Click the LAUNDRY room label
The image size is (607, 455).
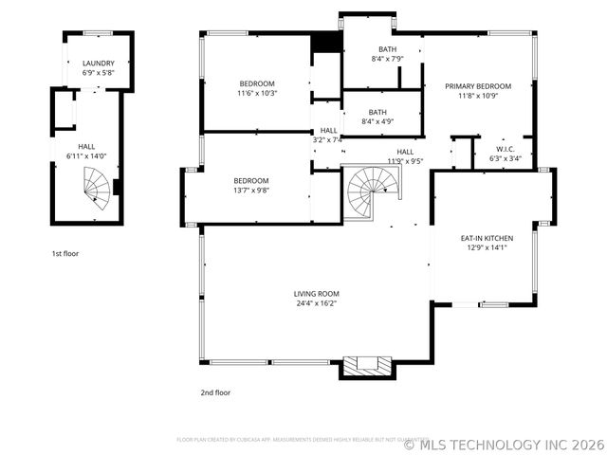pos(98,64)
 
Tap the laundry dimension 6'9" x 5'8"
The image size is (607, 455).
pos(98,72)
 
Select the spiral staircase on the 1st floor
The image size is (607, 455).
pos(95,185)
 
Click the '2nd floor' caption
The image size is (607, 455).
pos(214,391)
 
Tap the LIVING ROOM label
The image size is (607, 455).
pos(316,294)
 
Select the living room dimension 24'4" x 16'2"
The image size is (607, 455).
pos(316,303)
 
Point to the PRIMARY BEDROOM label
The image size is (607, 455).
pos(478,86)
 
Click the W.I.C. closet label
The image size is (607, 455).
pos(505,149)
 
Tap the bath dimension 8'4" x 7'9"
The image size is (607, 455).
pos(387,59)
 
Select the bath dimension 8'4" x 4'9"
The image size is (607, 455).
pos(377,121)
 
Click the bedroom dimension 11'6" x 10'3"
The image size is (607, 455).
pos(256,93)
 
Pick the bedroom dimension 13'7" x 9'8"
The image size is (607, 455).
pos(251,190)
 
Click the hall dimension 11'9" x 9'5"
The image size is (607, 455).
pos(405,161)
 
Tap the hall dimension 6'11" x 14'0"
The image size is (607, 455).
pos(86,155)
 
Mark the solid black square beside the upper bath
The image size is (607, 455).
pos(325,42)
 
